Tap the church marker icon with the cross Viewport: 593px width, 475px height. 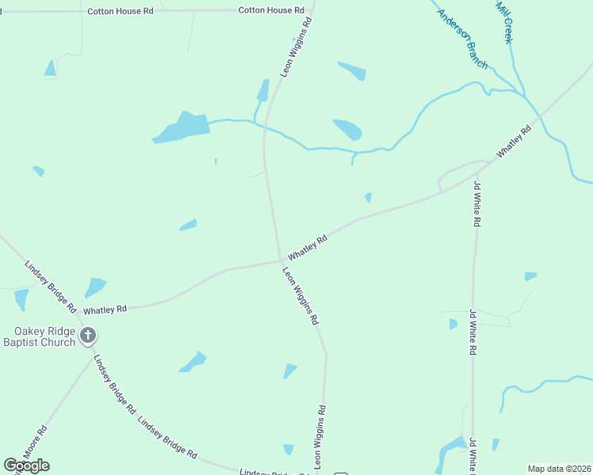[x=88, y=336]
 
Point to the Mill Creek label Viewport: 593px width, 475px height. [x=506, y=21]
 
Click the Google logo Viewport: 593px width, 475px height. [x=26, y=465]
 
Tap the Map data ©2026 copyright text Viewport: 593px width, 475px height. [x=560, y=469]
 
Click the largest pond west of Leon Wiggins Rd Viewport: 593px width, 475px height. [x=182, y=127]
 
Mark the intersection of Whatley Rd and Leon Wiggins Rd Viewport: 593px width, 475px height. [x=281, y=260]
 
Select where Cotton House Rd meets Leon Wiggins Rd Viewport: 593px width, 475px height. [x=312, y=10]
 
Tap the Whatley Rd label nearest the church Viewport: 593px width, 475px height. [x=105, y=310]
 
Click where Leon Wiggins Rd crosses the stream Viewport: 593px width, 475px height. [x=265, y=125]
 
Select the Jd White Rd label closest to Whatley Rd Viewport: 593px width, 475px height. [x=476, y=205]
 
